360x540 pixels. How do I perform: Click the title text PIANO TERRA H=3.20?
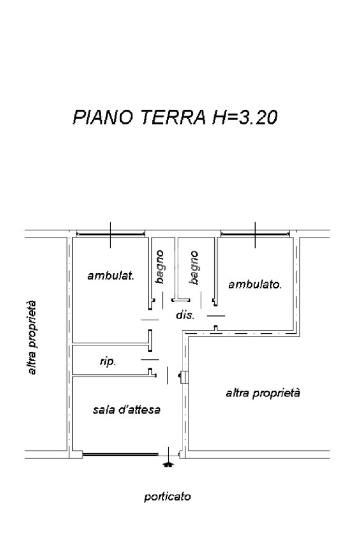(175, 117)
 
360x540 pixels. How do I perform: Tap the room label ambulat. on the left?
(111, 276)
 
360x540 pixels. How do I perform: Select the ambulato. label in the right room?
(255, 284)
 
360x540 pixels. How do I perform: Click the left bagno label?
(159, 267)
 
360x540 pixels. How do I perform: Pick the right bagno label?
(194, 267)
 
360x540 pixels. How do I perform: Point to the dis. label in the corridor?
(185, 315)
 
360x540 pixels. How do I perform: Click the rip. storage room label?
(108, 362)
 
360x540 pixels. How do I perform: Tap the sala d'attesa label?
(127, 409)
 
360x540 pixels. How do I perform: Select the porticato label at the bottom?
(167, 497)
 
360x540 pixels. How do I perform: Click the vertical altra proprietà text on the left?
(32, 337)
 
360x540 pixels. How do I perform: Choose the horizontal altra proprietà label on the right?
(263, 393)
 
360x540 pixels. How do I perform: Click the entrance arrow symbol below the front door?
(168, 465)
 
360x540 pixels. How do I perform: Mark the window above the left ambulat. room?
(111, 234)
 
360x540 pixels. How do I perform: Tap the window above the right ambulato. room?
(255, 234)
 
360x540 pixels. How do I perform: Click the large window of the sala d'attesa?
(121, 455)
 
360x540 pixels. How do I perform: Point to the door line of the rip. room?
(150, 360)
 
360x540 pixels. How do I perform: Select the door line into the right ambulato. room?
(216, 315)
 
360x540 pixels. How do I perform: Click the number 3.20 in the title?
(258, 117)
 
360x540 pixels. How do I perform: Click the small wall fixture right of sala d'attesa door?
(183, 376)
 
